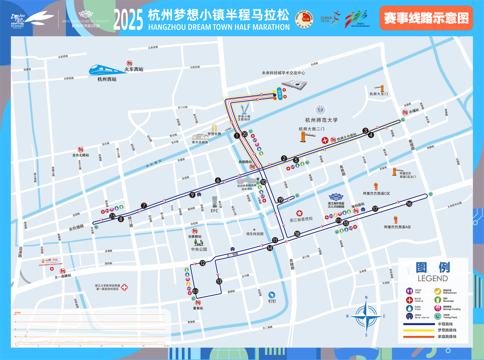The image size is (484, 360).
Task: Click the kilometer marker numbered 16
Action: pos(409,204)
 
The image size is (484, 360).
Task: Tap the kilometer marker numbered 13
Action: pos(219,282)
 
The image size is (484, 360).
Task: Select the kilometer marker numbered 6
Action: pos(218,180)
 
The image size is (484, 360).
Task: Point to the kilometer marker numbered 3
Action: pos(365,131)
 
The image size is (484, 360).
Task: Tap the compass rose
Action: pos(366,316)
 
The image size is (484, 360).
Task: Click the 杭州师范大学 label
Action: pos(321,120)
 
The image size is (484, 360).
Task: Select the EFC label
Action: pos(214,210)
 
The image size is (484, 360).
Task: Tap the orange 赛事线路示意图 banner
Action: pos(426,18)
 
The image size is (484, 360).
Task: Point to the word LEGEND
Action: pos(432,279)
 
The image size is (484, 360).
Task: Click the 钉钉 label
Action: pos(272,301)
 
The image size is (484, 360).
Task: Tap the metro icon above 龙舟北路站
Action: pos(81,150)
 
